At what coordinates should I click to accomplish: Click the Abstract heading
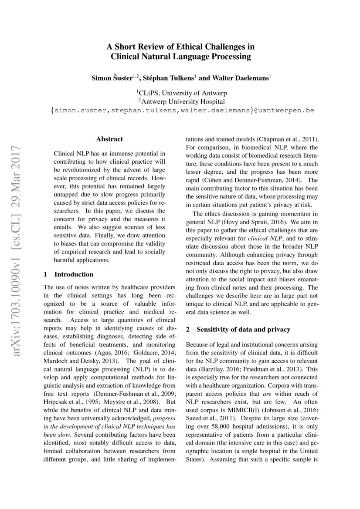pos(109,139)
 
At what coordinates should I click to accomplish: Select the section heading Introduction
pos(74,274)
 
